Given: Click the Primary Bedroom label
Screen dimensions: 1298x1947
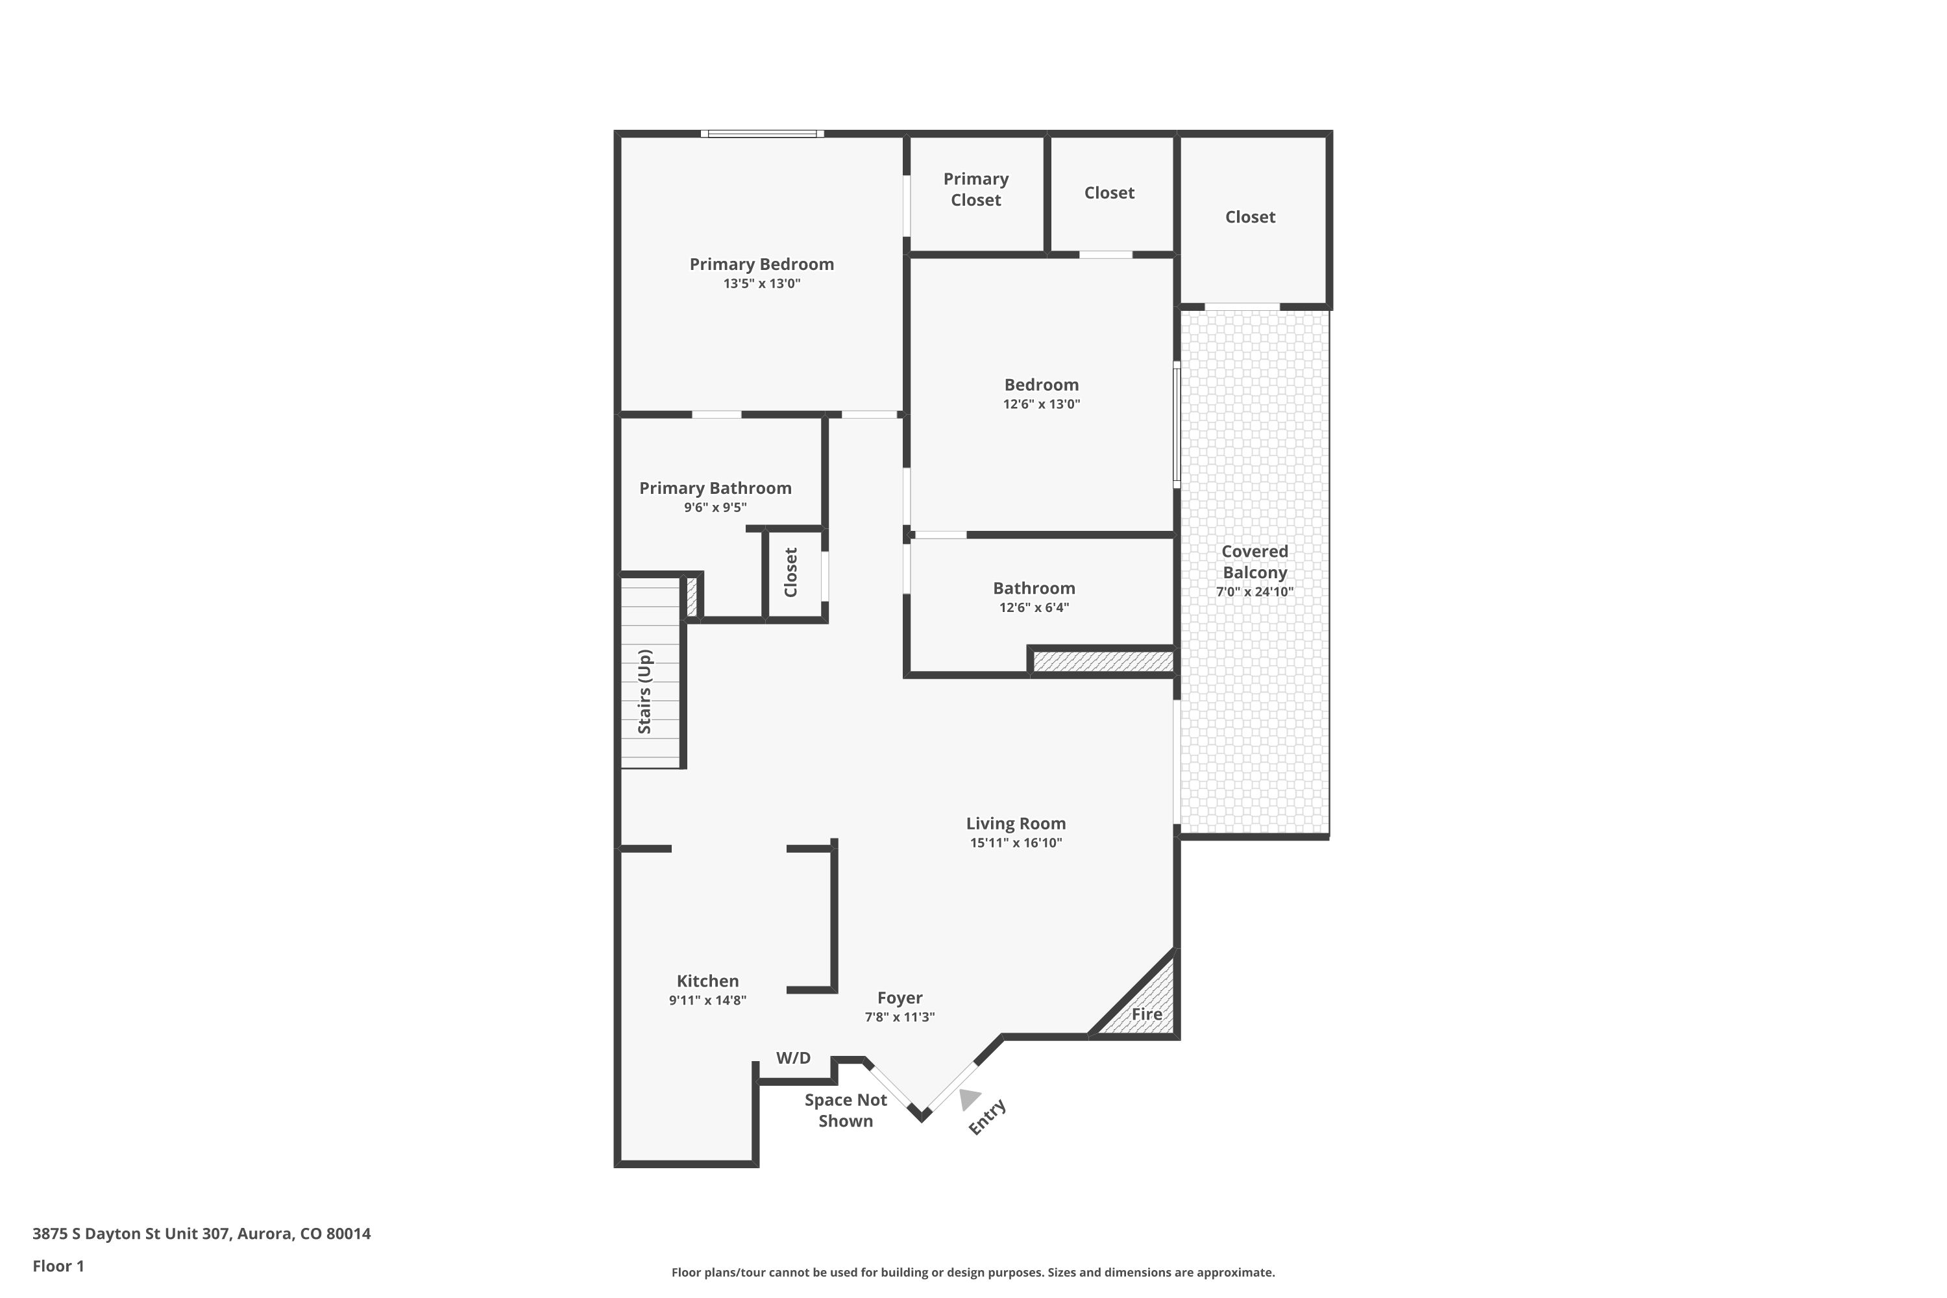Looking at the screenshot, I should [x=761, y=264].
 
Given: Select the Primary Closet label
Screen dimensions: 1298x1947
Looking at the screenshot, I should [x=975, y=190].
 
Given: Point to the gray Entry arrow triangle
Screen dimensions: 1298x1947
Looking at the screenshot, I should [x=968, y=1099].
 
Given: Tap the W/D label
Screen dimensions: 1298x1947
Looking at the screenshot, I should [x=792, y=1058].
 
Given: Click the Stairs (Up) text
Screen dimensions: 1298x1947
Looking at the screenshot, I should [x=644, y=691].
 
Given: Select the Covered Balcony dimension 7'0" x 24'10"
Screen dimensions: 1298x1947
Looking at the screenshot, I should [x=1253, y=592].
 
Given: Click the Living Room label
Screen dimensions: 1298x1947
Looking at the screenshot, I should [x=1015, y=824].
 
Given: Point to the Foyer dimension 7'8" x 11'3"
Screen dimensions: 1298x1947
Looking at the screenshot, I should [x=899, y=1018].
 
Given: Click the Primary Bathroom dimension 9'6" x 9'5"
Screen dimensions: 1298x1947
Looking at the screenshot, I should [x=715, y=508].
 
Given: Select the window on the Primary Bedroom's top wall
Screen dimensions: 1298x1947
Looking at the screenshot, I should [x=761, y=133].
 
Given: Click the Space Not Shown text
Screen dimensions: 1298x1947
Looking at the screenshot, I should [x=844, y=1110].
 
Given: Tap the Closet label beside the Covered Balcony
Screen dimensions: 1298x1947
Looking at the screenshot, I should [x=1249, y=217].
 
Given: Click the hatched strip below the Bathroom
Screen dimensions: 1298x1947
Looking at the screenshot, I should [x=1103, y=661].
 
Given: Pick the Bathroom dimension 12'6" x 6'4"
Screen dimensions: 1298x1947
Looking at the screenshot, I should [x=1033, y=607].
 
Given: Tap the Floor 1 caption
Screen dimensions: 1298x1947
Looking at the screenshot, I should [x=58, y=1266].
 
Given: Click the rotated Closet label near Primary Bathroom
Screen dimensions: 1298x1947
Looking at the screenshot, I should [x=790, y=572].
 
